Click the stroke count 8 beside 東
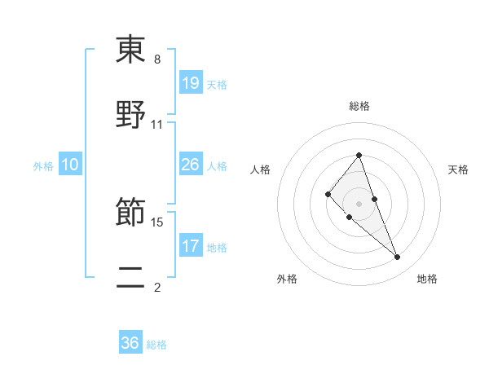157,59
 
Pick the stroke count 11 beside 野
157,125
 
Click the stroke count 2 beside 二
157,288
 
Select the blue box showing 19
191,82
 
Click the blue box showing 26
191,165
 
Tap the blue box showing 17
191,245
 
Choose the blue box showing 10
70,165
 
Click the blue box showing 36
130,343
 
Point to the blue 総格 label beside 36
156,345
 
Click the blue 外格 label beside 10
43,166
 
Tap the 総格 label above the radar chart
359,106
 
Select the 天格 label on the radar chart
459,169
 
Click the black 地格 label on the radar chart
427,279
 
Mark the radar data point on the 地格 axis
398,258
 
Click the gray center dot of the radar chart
359,203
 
